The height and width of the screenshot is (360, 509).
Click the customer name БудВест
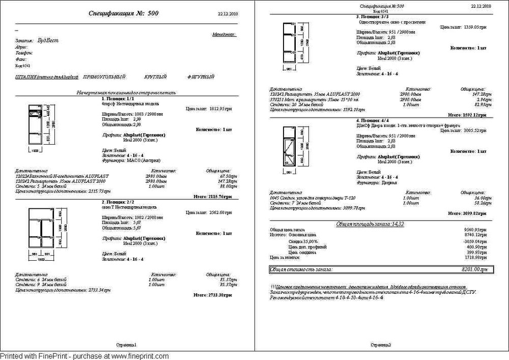pyautogui.click(x=49, y=40)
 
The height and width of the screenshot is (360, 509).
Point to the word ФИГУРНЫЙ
pyautogui.click(x=200, y=77)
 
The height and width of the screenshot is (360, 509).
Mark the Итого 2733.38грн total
pyautogui.click(x=213, y=295)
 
